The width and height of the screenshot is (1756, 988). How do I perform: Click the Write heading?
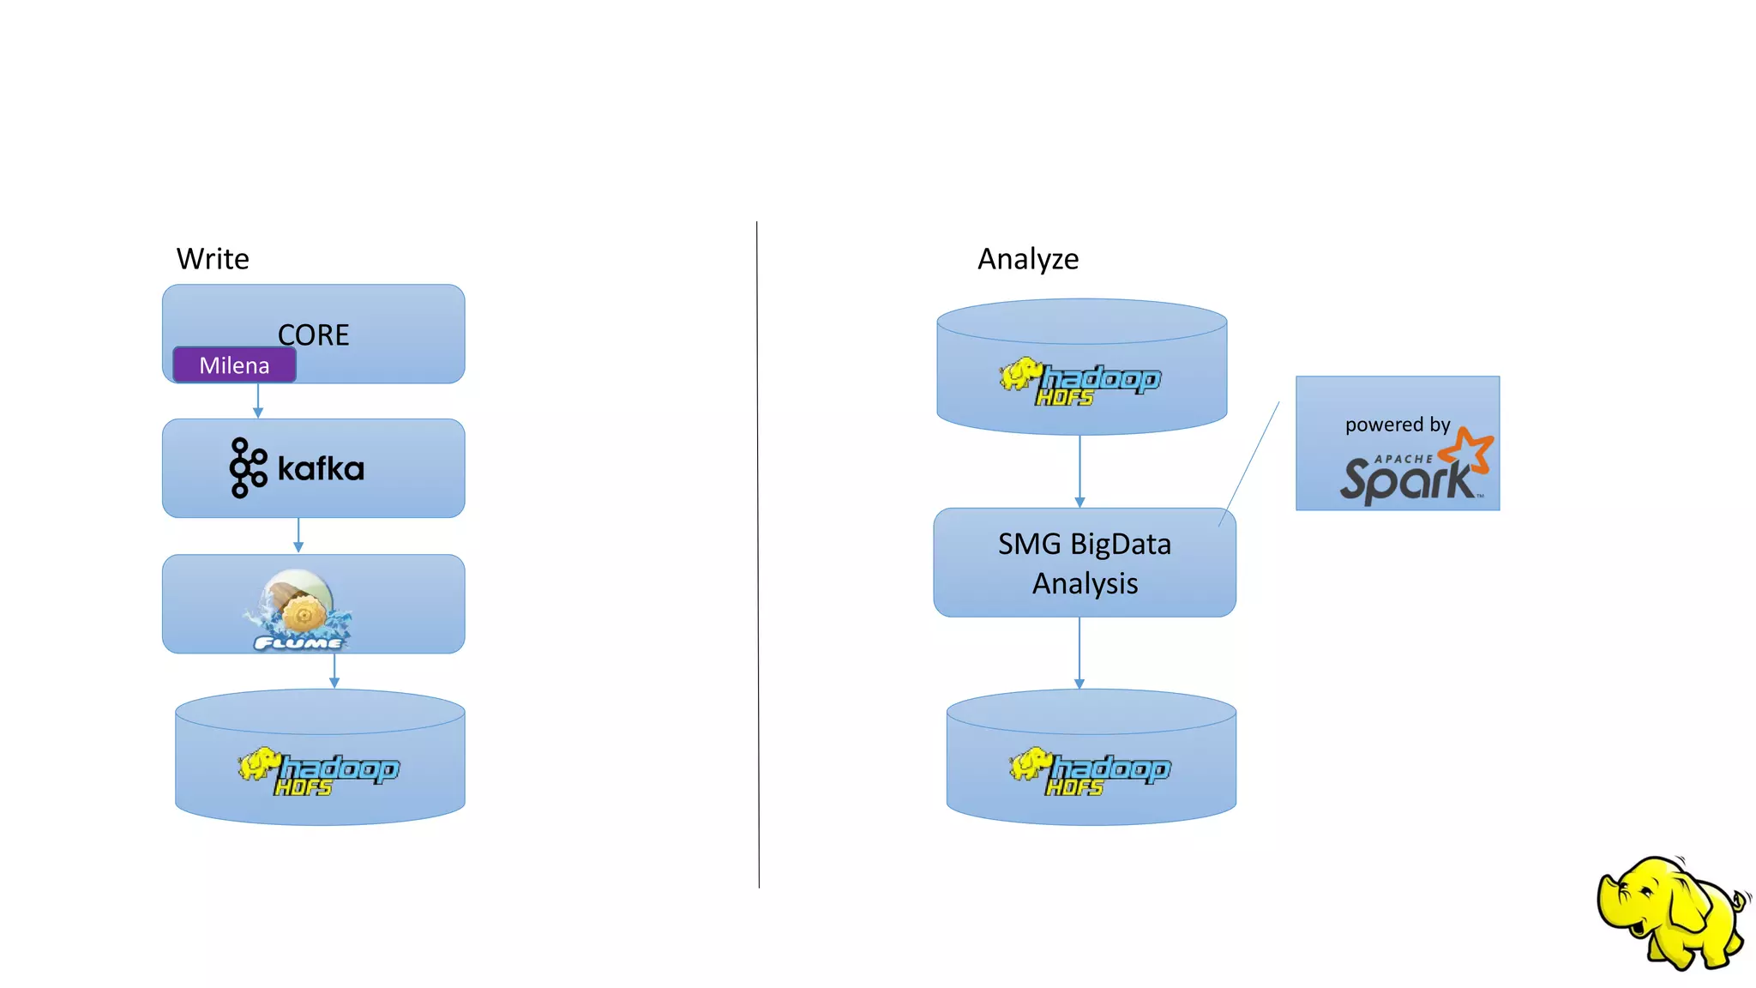(x=213, y=259)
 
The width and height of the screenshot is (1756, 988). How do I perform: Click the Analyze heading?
(x=1028, y=259)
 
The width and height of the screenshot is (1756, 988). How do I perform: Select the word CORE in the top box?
(x=314, y=334)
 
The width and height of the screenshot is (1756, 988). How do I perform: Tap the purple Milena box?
(x=234, y=365)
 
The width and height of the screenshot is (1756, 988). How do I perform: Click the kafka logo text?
(x=321, y=469)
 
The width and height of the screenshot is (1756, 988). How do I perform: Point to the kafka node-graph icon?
(x=248, y=467)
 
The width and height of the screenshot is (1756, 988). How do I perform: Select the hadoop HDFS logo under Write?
(x=319, y=772)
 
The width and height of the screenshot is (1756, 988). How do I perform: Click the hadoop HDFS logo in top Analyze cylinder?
(x=1080, y=382)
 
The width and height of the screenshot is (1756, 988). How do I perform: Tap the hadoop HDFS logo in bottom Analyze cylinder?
(x=1090, y=772)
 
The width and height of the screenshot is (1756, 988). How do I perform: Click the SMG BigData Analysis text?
(x=1085, y=563)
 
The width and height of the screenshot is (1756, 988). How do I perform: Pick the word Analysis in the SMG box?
(x=1085, y=584)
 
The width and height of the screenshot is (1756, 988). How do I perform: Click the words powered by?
(x=1397, y=425)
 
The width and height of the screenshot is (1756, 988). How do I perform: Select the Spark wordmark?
(x=1406, y=480)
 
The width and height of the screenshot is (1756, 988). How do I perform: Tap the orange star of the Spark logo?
(x=1467, y=449)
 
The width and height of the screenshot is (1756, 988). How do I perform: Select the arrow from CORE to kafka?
(x=258, y=401)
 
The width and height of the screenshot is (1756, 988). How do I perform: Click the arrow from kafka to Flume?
(x=298, y=535)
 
